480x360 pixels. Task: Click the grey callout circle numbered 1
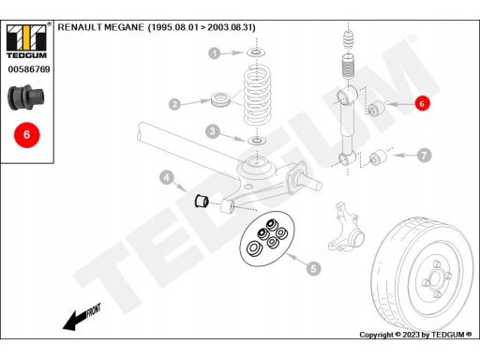pos(215,53)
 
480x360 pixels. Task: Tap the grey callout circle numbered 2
pos(174,104)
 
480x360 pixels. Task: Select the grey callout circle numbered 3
pos(213,131)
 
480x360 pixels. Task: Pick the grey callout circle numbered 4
pos(167,178)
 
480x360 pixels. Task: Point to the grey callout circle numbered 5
pos(313,268)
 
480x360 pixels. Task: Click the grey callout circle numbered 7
pos(424,156)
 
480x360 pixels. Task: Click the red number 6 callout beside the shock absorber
pos(422,103)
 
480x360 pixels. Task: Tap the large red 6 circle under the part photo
pos(27,135)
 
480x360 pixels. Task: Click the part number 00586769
pos(29,69)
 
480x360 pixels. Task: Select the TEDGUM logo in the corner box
pos(27,41)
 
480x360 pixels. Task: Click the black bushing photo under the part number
pos(26,97)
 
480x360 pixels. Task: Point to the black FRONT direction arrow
pos(82,317)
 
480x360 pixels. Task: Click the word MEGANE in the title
pos(124,27)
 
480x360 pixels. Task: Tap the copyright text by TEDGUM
pos(415,335)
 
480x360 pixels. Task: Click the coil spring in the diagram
pos(257,95)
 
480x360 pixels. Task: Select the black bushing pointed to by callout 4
pos(202,201)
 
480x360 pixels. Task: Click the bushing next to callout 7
pos(378,157)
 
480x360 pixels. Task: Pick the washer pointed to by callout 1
pos(257,52)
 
